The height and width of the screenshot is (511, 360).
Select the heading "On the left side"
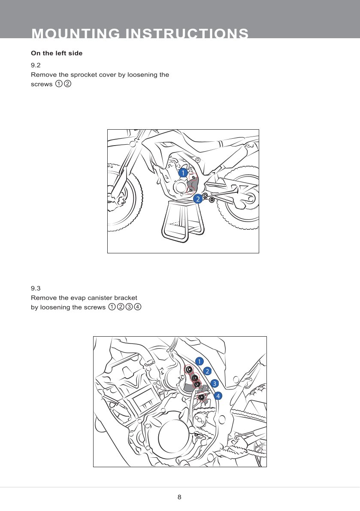point(57,53)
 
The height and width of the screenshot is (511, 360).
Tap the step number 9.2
point(36,65)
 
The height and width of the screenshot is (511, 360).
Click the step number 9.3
point(36,289)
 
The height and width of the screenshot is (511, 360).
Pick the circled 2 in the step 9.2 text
point(67,84)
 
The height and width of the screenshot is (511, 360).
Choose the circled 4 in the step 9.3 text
point(138,307)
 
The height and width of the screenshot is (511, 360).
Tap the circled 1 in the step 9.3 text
point(112,307)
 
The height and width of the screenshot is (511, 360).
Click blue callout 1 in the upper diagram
point(183,173)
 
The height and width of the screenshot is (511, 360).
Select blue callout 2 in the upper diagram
point(198,199)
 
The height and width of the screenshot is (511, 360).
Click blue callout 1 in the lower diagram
point(199,361)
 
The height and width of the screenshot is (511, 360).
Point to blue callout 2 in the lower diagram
point(207,371)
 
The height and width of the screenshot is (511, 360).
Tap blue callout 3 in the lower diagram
point(215,383)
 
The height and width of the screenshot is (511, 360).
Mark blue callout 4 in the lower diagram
point(218,396)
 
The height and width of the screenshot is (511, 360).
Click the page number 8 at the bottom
point(179,497)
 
